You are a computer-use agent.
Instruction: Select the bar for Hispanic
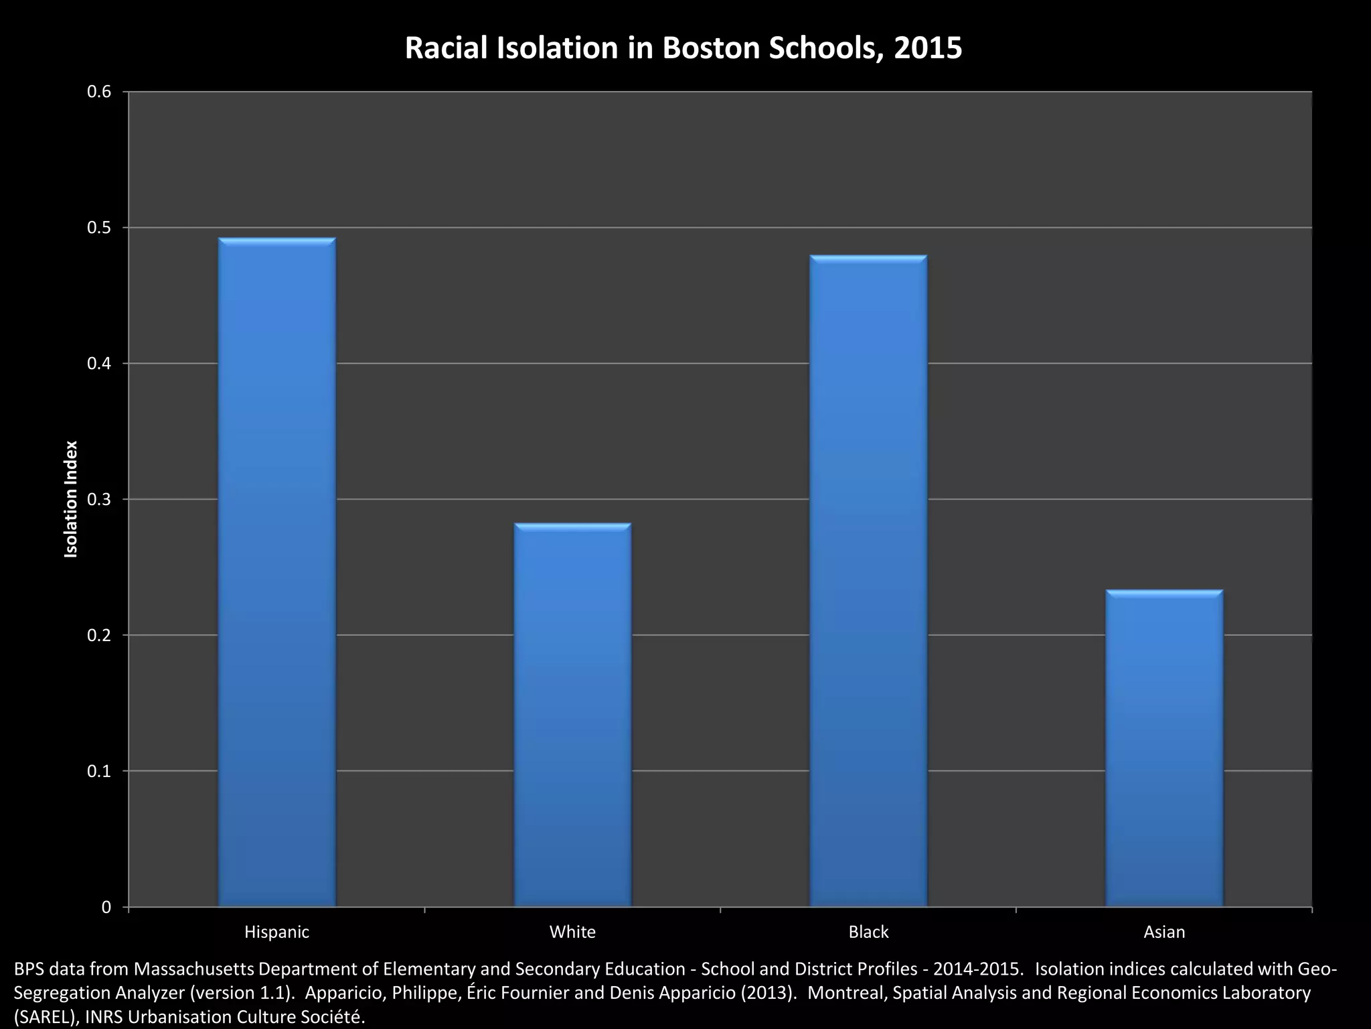click(276, 573)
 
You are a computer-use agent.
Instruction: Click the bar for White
click(572, 715)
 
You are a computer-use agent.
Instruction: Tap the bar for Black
click(868, 581)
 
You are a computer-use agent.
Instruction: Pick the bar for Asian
click(1164, 748)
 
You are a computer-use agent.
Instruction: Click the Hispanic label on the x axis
click(276, 932)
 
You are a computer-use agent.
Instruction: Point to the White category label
click(572, 932)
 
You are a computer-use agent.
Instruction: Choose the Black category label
click(868, 932)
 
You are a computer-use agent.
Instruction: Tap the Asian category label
click(1164, 932)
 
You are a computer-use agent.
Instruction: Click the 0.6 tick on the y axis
click(98, 92)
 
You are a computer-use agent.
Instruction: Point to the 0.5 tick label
click(98, 228)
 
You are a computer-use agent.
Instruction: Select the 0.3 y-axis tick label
click(98, 500)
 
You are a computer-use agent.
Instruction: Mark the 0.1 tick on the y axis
click(98, 771)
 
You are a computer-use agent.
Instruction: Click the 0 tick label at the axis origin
click(106, 907)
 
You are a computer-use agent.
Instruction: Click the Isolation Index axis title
click(71, 499)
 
